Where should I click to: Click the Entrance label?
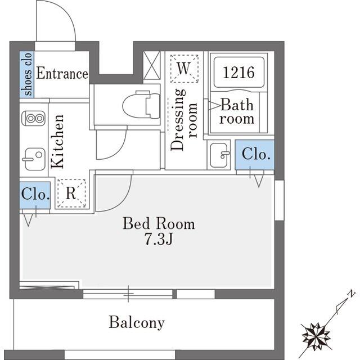[x=62, y=73]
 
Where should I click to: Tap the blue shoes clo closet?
[x=27, y=74]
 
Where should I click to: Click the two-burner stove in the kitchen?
[x=34, y=119]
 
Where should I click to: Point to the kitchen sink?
[x=34, y=159]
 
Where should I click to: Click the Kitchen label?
[x=57, y=141]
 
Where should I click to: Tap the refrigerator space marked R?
[x=71, y=193]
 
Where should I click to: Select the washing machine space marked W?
[x=184, y=69]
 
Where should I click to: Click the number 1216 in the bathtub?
[x=238, y=73]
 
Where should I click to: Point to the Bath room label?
[x=237, y=111]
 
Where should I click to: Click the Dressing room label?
[x=184, y=120]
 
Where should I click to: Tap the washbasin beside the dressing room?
[x=219, y=155]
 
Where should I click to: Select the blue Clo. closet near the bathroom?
[x=255, y=155]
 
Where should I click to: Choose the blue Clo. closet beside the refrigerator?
[x=35, y=195]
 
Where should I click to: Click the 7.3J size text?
[x=159, y=239]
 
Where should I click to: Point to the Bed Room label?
[x=159, y=223]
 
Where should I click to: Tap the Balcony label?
[x=137, y=322]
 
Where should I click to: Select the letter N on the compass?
[x=352, y=294]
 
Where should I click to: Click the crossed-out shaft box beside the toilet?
[x=152, y=65]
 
